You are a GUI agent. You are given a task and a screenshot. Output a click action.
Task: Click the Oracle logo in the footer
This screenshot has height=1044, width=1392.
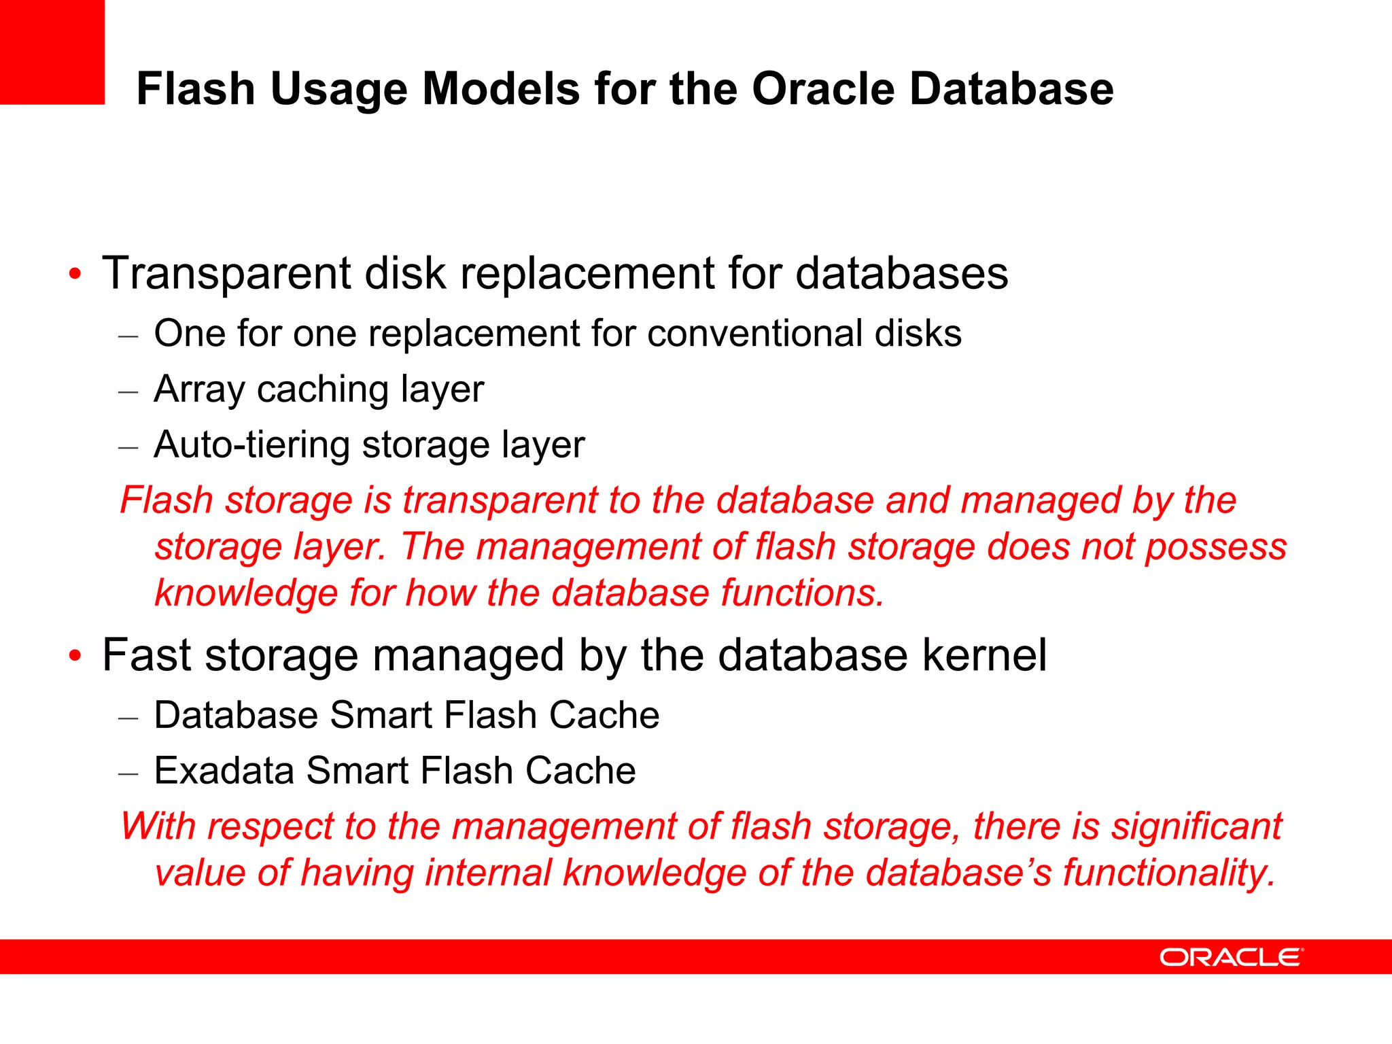1231,957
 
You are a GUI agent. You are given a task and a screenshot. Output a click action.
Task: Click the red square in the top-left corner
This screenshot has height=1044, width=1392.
52,52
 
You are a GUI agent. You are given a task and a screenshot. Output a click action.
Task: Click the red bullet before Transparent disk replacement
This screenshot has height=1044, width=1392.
75,275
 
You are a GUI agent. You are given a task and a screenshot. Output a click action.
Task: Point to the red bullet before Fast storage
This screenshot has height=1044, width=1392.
75,657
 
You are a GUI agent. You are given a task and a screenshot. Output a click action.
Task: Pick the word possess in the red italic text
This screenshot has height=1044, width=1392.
1216,548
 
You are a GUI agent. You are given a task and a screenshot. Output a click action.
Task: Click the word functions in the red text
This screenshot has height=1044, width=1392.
802,593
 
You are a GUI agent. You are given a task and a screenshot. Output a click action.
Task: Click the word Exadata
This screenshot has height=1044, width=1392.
224,771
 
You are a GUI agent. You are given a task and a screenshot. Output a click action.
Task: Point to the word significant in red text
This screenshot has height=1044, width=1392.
1196,826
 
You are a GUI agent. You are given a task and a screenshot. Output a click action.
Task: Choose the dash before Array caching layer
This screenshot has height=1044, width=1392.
128,391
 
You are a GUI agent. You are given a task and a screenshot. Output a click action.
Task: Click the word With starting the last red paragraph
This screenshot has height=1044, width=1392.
158,826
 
